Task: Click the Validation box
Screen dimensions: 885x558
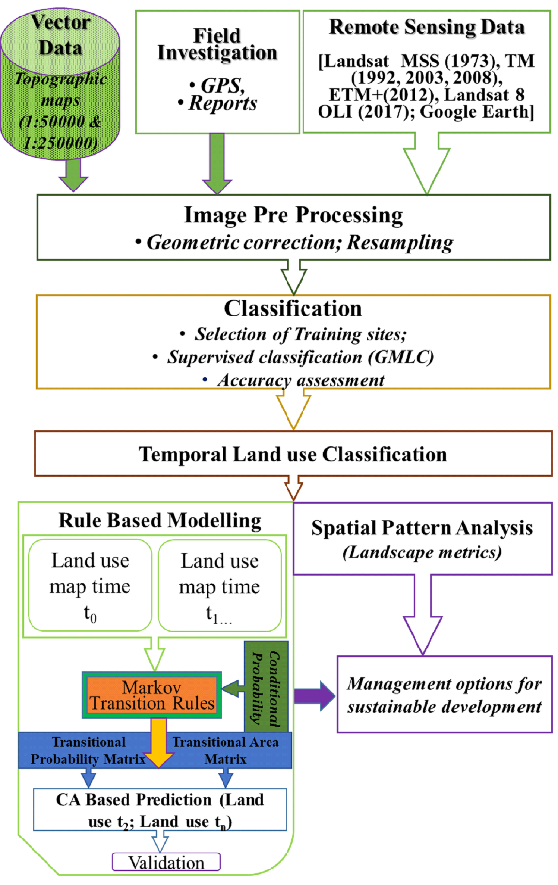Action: click(x=166, y=862)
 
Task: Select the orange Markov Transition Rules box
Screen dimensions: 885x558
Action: click(x=152, y=695)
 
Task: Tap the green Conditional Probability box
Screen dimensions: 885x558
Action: click(x=266, y=686)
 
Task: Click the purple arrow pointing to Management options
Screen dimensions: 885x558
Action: click(x=314, y=696)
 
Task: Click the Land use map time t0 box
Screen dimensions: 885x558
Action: click(x=90, y=585)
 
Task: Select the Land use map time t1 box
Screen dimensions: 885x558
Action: click(x=220, y=586)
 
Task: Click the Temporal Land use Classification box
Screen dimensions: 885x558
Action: click(x=293, y=454)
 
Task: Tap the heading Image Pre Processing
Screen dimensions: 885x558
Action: click(x=293, y=215)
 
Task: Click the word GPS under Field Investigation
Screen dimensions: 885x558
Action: click(x=223, y=85)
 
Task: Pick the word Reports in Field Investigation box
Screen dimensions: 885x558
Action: click(x=223, y=103)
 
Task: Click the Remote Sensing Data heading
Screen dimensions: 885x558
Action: click(x=427, y=27)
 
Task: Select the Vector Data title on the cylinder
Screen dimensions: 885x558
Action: click(x=60, y=35)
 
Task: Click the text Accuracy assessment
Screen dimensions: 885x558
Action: click(x=301, y=380)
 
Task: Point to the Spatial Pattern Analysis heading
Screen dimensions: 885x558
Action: click(x=422, y=528)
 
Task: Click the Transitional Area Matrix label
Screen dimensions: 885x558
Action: click(x=225, y=750)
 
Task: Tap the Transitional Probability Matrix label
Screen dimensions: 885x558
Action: click(x=88, y=750)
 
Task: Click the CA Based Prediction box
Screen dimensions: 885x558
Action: click(x=159, y=810)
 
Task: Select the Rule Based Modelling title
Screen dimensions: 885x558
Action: click(x=159, y=520)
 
